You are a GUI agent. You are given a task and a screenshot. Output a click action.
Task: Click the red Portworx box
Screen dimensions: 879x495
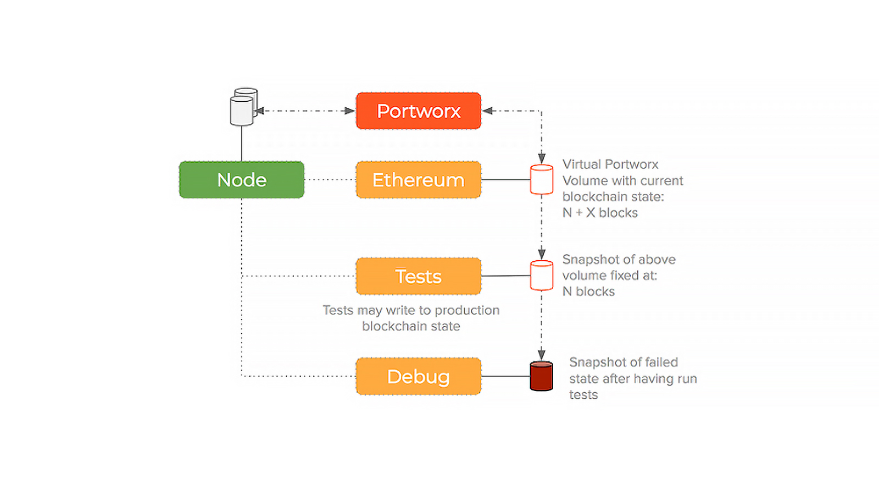point(418,111)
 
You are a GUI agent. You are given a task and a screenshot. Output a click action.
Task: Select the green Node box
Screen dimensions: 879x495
point(241,179)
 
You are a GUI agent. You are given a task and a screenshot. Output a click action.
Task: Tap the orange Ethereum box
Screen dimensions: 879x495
point(418,179)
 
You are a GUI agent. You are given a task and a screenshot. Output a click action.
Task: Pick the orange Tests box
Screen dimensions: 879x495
point(418,276)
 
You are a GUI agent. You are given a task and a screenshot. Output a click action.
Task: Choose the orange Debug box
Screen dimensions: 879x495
point(418,376)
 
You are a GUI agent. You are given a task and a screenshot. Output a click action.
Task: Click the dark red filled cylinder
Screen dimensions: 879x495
point(542,376)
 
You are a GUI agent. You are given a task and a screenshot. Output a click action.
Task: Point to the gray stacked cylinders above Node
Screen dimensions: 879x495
point(243,107)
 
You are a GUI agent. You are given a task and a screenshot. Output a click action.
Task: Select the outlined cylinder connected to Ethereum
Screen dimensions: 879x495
point(542,179)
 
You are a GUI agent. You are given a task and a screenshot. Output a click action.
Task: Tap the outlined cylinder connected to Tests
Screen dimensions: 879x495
point(542,276)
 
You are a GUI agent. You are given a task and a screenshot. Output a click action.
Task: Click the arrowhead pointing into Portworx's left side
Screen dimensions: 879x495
point(349,111)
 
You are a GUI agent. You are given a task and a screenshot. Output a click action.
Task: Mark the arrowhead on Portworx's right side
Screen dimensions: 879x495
point(487,111)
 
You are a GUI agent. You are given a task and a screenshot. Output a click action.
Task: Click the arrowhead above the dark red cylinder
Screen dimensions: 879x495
point(542,354)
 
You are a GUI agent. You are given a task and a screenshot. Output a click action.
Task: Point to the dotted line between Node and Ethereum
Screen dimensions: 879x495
point(330,179)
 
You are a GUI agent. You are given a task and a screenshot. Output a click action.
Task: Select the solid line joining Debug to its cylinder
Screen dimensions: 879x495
point(505,376)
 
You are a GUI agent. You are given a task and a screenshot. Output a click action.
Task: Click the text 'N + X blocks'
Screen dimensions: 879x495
point(600,212)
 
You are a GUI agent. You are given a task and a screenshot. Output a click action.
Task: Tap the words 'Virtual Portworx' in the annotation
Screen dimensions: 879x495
point(610,164)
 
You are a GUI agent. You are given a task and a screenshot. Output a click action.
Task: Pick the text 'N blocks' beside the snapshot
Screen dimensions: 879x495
point(588,291)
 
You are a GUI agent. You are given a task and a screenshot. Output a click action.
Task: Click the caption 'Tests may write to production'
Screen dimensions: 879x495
point(411,310)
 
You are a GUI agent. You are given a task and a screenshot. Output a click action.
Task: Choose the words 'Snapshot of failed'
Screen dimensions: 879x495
point(624,362)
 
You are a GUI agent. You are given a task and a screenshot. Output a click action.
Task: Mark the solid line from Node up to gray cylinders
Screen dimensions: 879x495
point(241,144)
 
